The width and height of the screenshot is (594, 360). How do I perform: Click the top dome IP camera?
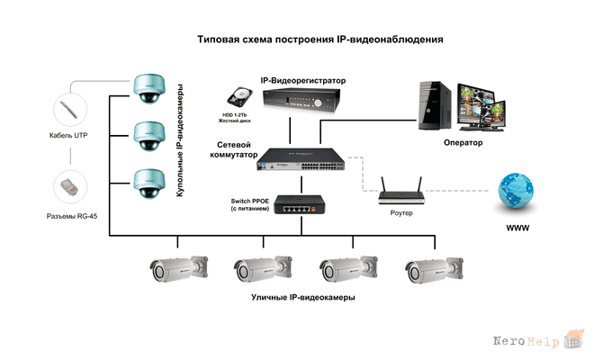[149, 89]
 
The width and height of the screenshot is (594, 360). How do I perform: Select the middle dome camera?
[149, 137]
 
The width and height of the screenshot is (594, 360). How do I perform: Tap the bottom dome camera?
[149, 184]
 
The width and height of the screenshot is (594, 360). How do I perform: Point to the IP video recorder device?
[301, 101]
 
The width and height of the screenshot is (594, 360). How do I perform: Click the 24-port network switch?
[301, 159]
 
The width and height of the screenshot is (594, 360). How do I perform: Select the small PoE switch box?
[300, 204]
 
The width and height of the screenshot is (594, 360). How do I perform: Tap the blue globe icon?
[515, 191]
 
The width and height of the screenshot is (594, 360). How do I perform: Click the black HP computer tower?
[435, 105]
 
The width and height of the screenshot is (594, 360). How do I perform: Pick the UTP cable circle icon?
[70, 110]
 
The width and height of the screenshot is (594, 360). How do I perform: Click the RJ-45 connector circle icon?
[70, 187]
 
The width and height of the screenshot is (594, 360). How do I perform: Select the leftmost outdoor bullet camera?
[179, 268]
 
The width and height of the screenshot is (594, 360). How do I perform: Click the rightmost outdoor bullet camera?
[434, 270]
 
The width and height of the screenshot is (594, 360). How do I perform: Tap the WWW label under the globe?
[517, 228]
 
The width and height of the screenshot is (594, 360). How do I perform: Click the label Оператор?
[463, 143]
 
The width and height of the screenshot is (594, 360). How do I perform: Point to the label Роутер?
[401, 213]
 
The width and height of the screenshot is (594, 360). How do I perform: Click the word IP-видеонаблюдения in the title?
[390, 40]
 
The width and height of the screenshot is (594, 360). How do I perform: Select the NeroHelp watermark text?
[526, 341]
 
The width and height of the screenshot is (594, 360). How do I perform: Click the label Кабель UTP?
[68, 135]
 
